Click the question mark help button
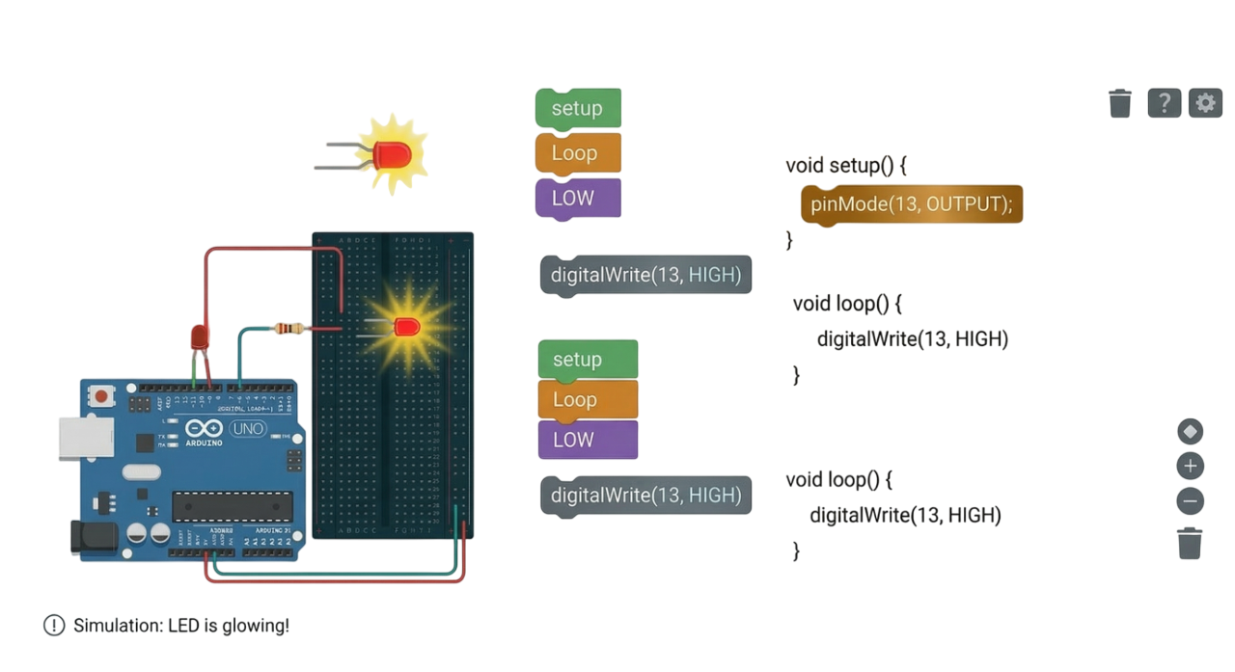coord(1165,102)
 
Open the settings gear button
coord(1205,102)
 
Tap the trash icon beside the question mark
coord(1120,102)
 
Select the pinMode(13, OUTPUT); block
coord(911,204)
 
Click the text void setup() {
coord(846,165)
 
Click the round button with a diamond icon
coord(1191,431)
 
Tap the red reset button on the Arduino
coord(100,395)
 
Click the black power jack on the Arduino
coord(94,538)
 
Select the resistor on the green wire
coord(288,329)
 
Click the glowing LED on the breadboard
coord(406,328)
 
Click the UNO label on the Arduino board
coord(247,429)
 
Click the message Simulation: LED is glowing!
coord(180,625)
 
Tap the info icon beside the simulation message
coord(53,625)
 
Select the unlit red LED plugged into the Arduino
coord(199,336)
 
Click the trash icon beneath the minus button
coord(1191,543)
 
